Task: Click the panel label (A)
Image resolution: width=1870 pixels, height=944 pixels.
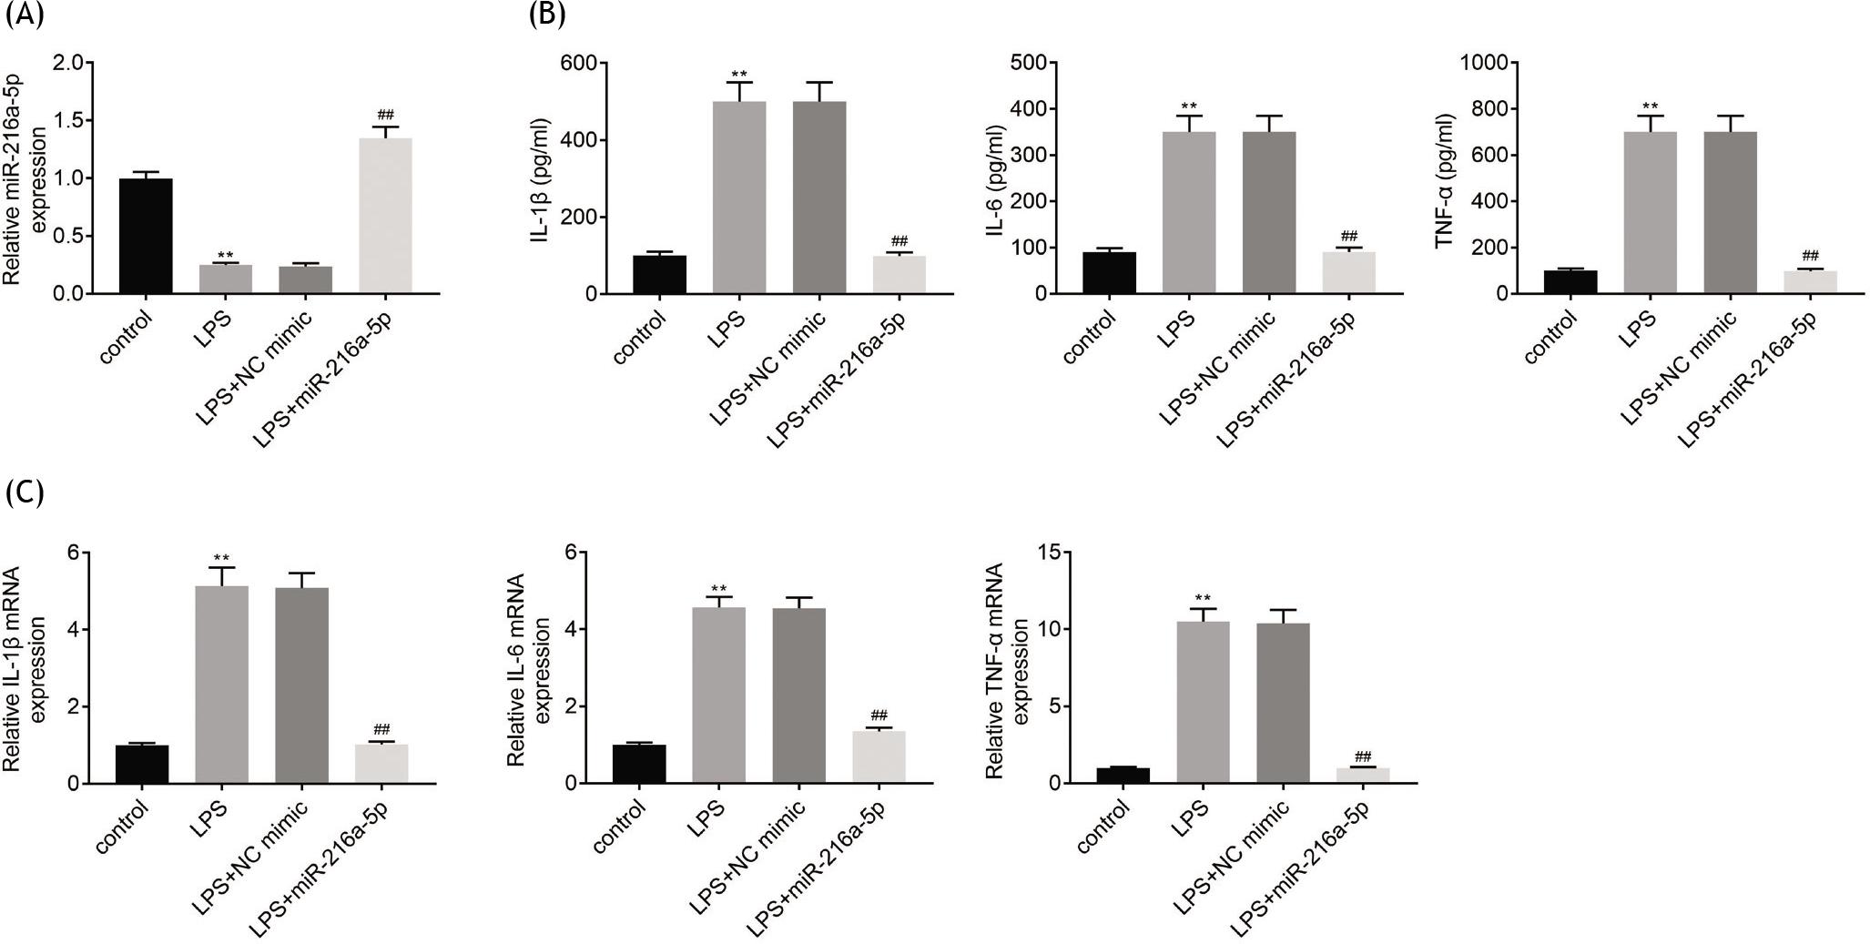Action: [x=25, y=15]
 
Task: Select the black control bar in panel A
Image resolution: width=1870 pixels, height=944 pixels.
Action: [x=146, y=236]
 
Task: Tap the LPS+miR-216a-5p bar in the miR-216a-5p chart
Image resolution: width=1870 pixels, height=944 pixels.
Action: [x=385, y=216]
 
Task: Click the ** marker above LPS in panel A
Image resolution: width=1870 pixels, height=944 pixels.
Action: [x=226, y=255]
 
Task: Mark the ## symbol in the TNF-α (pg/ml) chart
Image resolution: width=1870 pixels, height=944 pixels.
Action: [x=1810, y=256]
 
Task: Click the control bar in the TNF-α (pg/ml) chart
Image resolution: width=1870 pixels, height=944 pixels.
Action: [x=1570, y=282]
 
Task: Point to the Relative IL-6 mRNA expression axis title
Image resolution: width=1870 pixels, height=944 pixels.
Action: [x=526, y=669]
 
